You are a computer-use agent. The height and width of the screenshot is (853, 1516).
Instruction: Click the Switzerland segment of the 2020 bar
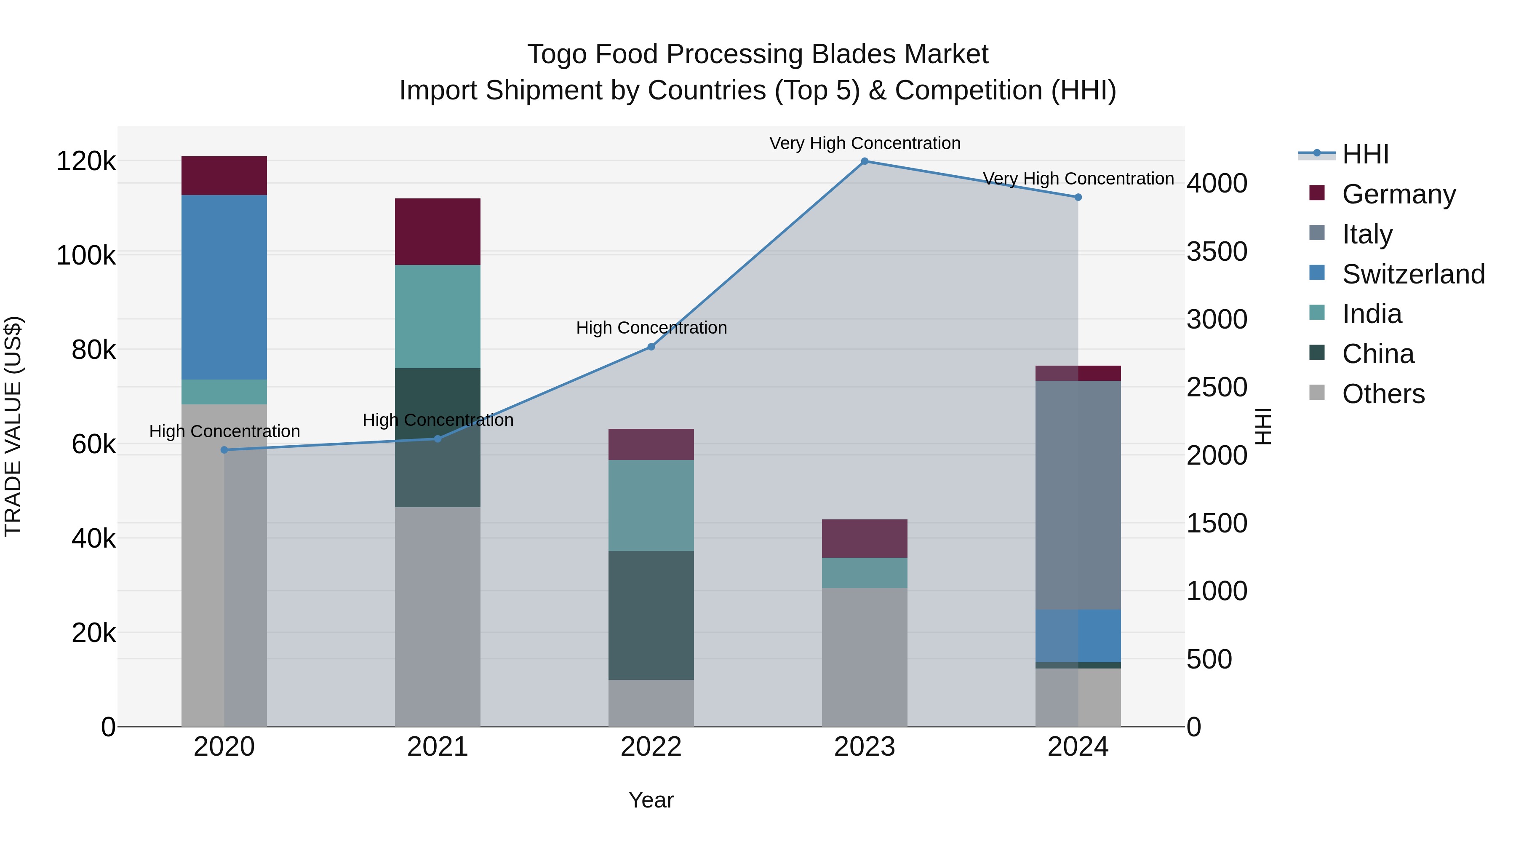[x=224, y=287]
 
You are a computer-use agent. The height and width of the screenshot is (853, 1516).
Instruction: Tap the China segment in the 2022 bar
[x=651, y=615]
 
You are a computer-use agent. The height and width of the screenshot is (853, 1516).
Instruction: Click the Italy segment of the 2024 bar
[x=1078, y=495]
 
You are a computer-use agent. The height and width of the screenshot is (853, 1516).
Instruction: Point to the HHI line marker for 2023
[x=865, y=161]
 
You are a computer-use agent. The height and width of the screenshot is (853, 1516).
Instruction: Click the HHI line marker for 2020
[x=224, y=450]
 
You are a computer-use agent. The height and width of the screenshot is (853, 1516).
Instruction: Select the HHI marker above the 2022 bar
[x=651, y=347]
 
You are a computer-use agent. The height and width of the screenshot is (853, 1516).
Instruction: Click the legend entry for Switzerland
[x=1412, y=274]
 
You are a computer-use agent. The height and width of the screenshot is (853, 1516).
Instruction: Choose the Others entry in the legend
[x=1383, y=394]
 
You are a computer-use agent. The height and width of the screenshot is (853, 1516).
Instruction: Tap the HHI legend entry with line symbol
[x=1365, y=154]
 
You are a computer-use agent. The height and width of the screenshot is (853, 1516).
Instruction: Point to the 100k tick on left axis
[x=86, y=256]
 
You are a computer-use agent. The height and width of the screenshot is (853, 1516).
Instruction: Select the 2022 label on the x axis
[x=651, y=747]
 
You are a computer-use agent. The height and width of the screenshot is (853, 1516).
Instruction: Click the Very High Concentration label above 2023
[x=865, y=143]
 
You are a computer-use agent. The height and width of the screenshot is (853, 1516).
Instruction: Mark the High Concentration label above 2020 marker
[x=224, y=431]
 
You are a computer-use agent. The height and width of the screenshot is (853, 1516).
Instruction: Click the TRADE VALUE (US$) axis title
[x=13, y=426]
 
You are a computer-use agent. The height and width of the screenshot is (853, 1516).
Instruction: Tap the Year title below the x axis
[x=651, y=800]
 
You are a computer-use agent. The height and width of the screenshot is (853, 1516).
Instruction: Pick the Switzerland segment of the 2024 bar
[x=1078, y=636]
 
